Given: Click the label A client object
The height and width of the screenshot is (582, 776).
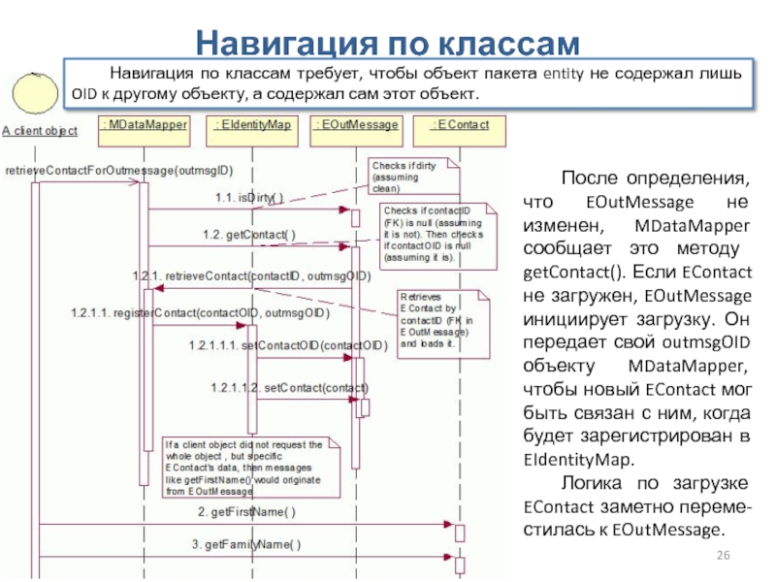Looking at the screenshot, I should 40,132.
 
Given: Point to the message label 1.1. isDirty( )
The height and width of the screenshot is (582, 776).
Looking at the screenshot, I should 249,198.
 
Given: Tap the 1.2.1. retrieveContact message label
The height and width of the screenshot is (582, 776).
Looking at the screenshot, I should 252,276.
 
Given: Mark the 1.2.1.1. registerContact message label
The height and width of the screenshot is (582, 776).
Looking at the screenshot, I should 200,313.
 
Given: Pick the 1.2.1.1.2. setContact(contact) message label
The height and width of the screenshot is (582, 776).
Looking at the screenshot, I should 289,388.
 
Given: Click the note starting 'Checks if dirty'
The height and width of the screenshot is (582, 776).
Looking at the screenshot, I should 402,177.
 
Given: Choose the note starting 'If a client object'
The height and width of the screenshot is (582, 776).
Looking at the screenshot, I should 249,469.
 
